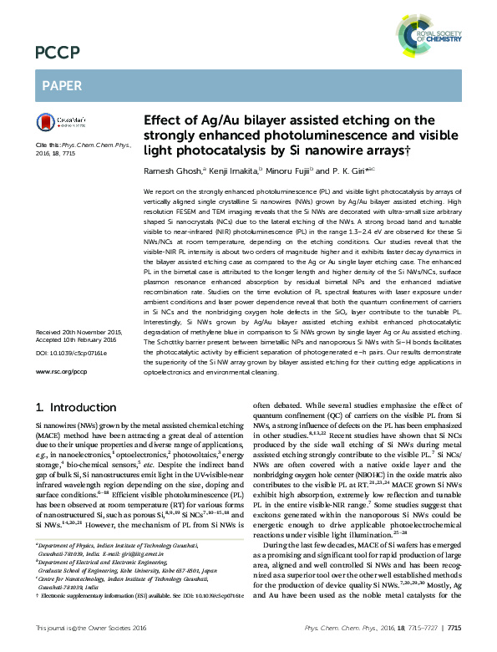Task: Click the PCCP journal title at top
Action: (x=51, y=54)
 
